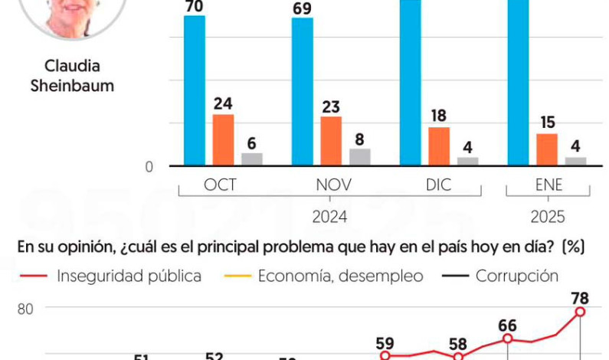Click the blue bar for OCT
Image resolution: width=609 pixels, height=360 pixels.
(x=195, y=90)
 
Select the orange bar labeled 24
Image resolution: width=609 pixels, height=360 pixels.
(x=224, y=139)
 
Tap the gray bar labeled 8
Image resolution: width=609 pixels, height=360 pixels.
(x=360, y=157)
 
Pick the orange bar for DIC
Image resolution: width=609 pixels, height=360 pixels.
(x=439, y=146)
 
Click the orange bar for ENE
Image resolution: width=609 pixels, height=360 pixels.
(x=547, y=149)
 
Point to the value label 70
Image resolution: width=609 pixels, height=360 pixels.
(x=195, y=5)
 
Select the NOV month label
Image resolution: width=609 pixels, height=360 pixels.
(x=332, y=186)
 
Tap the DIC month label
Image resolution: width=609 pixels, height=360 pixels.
(x=439, y=186)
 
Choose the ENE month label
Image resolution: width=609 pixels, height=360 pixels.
(x=547, y=186)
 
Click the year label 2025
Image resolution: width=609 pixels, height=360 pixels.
(x=547, y=217)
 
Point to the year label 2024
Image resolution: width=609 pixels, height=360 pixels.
(x=330, y=217)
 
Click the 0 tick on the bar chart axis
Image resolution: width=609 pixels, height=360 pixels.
(x=150, y=166)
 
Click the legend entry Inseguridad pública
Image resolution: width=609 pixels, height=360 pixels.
(x=129, y=276)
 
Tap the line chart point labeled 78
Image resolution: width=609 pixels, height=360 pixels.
(x=581, y=312)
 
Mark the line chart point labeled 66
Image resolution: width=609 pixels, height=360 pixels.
(x=508, y=339)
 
